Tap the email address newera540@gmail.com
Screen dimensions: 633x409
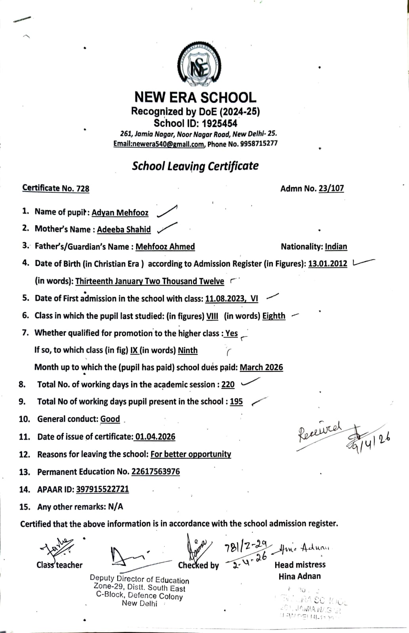(x=159, y=144)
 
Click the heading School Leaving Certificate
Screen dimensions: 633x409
(x=195, y=166)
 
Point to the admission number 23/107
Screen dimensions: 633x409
(x=331, y=188)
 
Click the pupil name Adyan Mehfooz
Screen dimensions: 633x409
(x=120, y=212)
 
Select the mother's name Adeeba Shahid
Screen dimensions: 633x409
(x=124, y=229)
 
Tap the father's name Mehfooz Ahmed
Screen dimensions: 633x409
(x=165, y=247)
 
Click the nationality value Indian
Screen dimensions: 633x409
(x=336, y=247)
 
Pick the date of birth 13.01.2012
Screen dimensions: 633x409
(x=327, y=264)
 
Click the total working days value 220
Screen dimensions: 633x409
(x=228, y=385)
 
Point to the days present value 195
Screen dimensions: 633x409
(x=236, y=402)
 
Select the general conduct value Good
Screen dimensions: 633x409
(x=110, y=419)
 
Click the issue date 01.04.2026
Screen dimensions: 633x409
(x=155, y=437)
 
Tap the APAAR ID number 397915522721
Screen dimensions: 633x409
(x=102, y=489)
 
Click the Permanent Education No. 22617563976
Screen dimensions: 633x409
(x=155, y=472)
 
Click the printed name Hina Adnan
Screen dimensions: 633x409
(x=299, y=576)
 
